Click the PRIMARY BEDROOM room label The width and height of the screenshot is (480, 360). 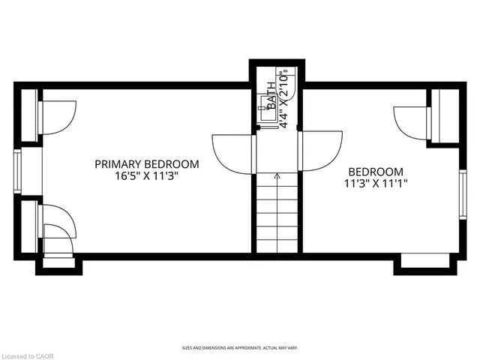[x=146, y=164]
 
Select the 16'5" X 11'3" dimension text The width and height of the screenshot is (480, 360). [x=146, y=178]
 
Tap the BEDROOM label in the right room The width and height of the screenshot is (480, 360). [x=375, y=172]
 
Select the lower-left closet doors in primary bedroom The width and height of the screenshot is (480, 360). [x=57, y=229]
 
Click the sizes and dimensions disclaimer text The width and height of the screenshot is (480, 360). [x=239, y=348]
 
